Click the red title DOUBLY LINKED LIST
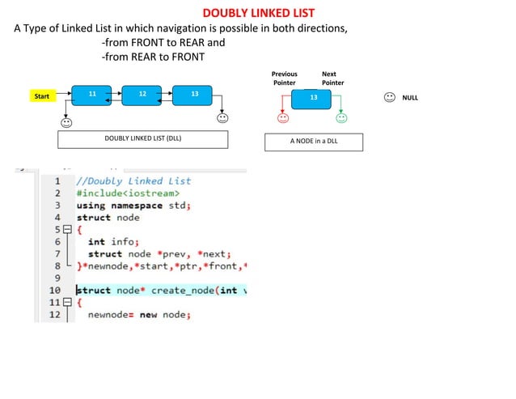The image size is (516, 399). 258,13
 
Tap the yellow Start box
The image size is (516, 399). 42,96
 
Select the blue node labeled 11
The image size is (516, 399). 91,95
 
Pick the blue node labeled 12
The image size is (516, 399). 142,95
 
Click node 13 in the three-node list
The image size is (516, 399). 193,95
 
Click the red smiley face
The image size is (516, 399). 283,118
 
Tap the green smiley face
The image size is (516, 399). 341,118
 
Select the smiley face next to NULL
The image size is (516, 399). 389,97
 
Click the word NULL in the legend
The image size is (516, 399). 410,98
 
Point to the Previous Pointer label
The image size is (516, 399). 283,78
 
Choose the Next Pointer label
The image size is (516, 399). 332,78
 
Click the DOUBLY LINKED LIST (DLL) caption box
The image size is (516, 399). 142,138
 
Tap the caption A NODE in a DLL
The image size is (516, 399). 314,142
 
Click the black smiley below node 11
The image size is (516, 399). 66,123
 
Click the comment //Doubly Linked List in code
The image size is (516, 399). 133,181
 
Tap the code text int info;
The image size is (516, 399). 114,241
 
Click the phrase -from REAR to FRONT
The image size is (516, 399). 153,57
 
